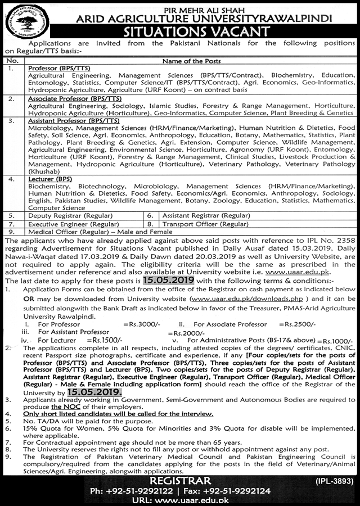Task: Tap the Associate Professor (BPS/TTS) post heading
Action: (76, 97)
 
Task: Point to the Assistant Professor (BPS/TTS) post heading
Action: (74, 120)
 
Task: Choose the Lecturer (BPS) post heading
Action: (47, 179)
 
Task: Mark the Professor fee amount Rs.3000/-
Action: (139, 325)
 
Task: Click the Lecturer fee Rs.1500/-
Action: (107, 341)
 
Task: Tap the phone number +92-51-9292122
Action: (132, 490)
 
